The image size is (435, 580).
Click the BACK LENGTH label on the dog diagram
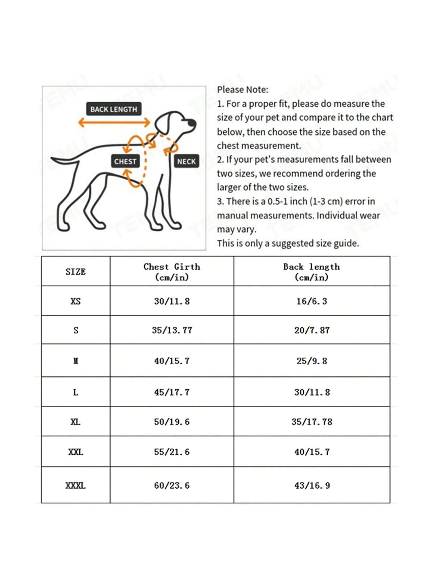click(114, 109)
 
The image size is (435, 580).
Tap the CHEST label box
click(125, 161)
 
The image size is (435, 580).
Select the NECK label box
click(186, 161)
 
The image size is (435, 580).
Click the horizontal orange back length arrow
click(114, 122)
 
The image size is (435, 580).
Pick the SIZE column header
click(76, 272)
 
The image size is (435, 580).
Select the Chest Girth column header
click(172, 272)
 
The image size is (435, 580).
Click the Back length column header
click(312, 272)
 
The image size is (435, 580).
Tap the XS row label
click(76, 301)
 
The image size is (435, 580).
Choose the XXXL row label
click(76, 485)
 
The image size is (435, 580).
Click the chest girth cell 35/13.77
click(172, 330)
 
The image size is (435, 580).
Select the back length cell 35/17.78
click(312, 422)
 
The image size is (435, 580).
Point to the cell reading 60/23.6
click(172, 485)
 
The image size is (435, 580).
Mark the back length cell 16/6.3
click(312, 301)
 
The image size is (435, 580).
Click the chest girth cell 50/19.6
click(172, 422)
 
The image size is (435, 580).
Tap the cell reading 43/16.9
click(312, 485)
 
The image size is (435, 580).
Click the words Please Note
click(243, 89)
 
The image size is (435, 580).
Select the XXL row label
click(76, 452)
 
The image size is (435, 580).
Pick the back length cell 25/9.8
click(312, 361)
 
